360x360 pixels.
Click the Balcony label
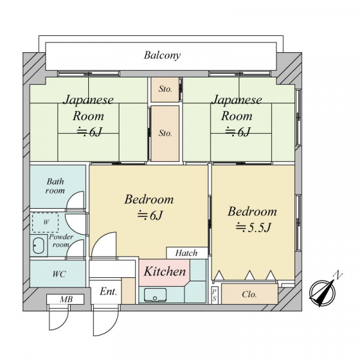click(x=162, y=55)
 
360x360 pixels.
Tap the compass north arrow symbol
click(x=322, y=293)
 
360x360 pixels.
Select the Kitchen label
click(x=164, y=271)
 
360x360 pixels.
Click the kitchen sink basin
click(x=155, y=295)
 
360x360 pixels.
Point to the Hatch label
click(x=186, y=253)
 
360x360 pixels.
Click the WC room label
click(x=59, y=274)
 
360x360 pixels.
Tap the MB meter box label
click(x=66, y=299)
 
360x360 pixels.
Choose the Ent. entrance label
click(x=109, y=292)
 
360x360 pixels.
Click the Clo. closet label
click(x=249, y=295)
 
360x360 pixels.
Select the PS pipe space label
click(x=214, y=295)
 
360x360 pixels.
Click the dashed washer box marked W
click(x=46, y=223)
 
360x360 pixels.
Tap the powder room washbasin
click(x=38, y=245)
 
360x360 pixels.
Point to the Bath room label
click(x=55, y=186)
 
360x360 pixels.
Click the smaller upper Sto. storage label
click(x=165, y=89)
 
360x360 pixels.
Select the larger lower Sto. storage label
click(x=165, y=133)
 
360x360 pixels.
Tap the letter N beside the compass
click(x=338, y=275)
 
